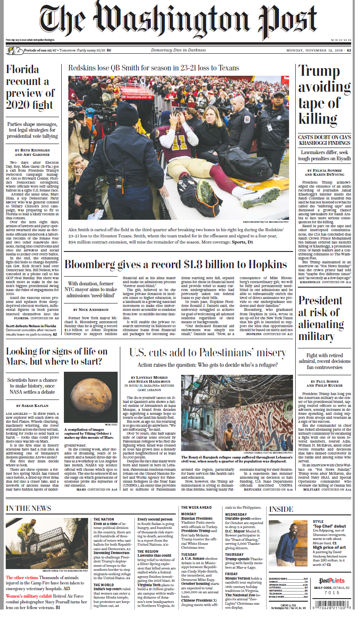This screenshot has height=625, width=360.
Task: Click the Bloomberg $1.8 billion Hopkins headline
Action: pyautogui.click(x=176, y=264)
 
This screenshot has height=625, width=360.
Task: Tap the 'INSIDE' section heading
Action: pyautogui.click(x=281, y=509)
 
